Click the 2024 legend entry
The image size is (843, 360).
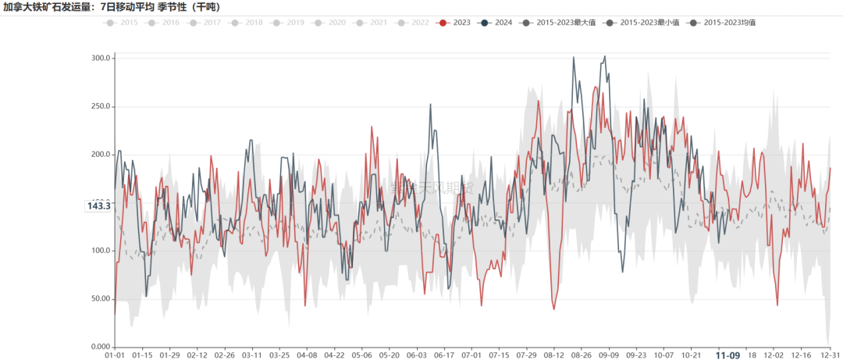point(496,23)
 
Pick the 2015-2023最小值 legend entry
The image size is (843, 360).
point(642,23)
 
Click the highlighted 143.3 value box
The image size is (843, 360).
point(99,206)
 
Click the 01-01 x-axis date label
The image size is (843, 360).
point(115,355)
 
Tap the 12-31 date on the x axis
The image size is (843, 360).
point(829,355)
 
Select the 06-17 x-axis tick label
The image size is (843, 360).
point(443,355)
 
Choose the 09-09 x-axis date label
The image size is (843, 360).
point(609,355)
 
